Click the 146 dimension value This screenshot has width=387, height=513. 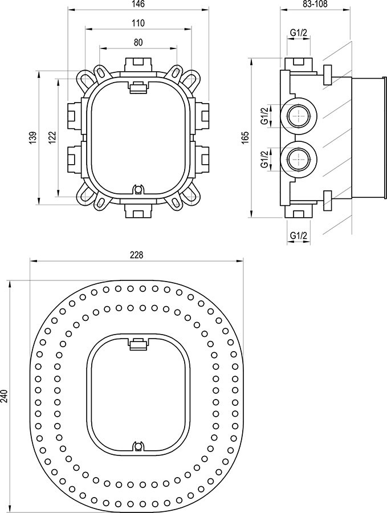coord(138,4)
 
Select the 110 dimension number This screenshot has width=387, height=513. coord(138,23)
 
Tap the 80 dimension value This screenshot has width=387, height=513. coord(138,42)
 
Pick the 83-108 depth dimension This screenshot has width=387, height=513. coord(315,4)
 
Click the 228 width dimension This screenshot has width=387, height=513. coord(137,255)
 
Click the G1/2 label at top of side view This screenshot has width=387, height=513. coord(298,32)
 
